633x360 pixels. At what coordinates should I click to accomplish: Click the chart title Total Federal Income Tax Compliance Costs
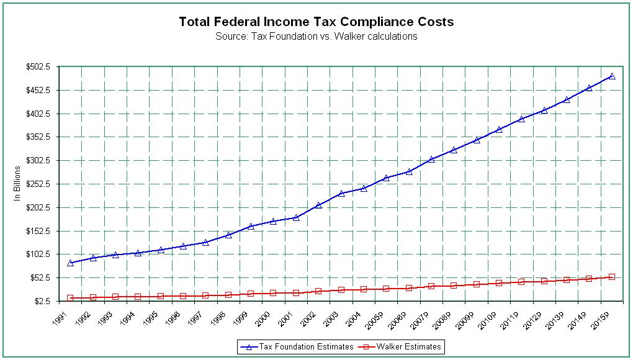(x=316, y=22)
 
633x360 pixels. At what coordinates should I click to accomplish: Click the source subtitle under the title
(x=316, y=36)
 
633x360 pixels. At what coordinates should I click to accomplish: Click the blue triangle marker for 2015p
(x=612, y=76)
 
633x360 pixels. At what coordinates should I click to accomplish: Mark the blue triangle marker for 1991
(x=70, y=263)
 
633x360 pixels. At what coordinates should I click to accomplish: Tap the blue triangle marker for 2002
(x=318, y=205)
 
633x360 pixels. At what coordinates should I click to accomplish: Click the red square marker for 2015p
(x=612, y=277)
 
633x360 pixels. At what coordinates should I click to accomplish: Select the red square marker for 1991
(x=70, y=299)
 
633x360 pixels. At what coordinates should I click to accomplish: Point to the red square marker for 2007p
(x=431, y=286)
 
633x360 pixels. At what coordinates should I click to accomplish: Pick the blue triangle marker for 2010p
(x=499, y=129)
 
